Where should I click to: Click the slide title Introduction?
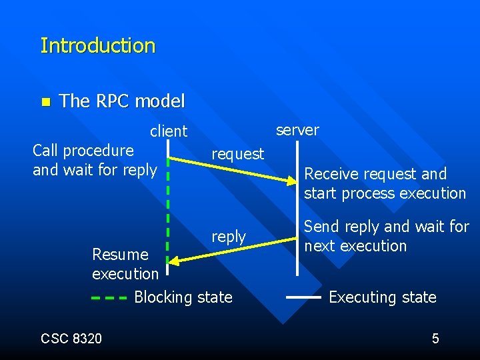pyautogui.click(x=97, y=46)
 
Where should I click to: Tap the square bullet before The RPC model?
pyautogui.click(x=45, y=102)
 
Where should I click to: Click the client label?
pyautogui.click(x=169, y=131)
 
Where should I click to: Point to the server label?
pyautogui.click(x=297, y=130)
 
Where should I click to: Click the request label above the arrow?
pyautogui.click(x=237, y=154)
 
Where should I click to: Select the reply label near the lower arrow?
pyautogui.click(x=229, y=237)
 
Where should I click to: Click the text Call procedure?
pyautogui.click(x=83, y=151)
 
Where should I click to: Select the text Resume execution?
pyautogui.click(x=125, y=264)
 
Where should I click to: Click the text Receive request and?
pyautogui.click(x=375, y=174)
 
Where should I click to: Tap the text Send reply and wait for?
pyautogui.click(x=387, y=227)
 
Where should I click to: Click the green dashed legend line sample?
pyautogui.click(x=109, y=298)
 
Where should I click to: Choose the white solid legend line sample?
pyautogui.click(x=303, y=298)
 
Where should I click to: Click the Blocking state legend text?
pyautogui.click(x=183, y=297)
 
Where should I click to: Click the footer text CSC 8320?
pyautogui.click(x=71, y=339)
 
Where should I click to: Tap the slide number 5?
pyautogui.click(x=435, y=339)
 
